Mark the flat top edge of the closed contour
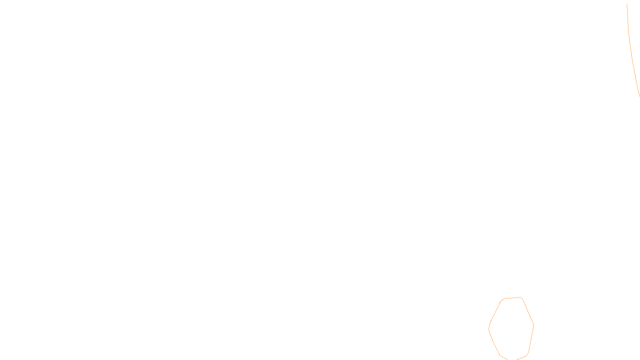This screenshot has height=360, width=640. (x=512, y=298)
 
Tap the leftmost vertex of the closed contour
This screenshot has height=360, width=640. (x=489, y=329)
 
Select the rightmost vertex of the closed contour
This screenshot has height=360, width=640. (x=534, y=325)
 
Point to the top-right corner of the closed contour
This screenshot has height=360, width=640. (x=521, y=298)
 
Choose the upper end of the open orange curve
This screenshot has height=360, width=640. (x=627, y=4)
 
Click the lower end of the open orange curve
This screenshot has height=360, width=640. (x=639, y=96)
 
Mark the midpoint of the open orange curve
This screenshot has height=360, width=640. (x=630, y=50)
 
